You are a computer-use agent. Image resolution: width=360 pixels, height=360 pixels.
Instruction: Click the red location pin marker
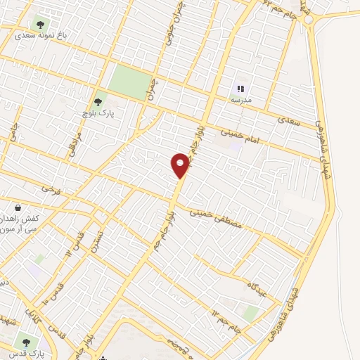[181, 165]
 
